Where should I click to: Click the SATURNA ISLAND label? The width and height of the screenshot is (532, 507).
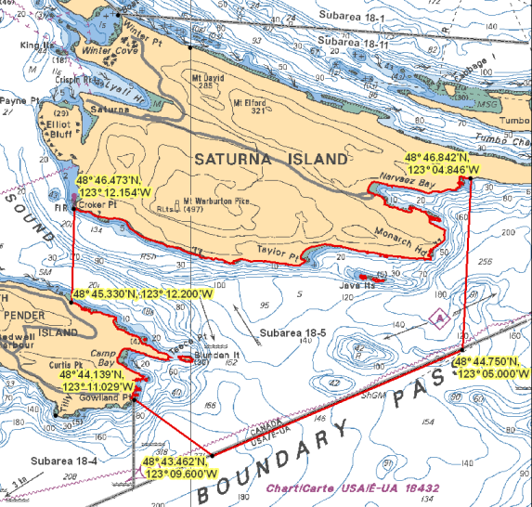point(258,160)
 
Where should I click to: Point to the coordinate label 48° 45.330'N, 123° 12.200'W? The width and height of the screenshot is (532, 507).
point(142,293)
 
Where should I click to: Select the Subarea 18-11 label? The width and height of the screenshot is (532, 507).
point(349,43)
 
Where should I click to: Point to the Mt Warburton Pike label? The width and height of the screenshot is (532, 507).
point(219,201)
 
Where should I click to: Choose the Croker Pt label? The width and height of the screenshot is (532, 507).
point(98,203)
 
